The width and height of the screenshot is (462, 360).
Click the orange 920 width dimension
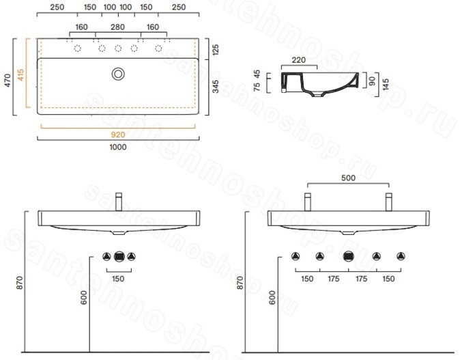pos(118,135)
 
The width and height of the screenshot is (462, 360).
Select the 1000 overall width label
pos(118,147)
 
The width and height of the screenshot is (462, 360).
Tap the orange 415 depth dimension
pos(20,74)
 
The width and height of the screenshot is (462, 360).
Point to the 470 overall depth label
pos(8,80)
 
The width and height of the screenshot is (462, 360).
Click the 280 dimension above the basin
pos(117,27)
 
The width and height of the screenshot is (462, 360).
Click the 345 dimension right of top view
pos(216,86)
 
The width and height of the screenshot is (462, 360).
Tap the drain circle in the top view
pos(118,74)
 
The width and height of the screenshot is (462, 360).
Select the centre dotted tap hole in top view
pos(118,48)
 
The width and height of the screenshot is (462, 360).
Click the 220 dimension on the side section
pos(299,60)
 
